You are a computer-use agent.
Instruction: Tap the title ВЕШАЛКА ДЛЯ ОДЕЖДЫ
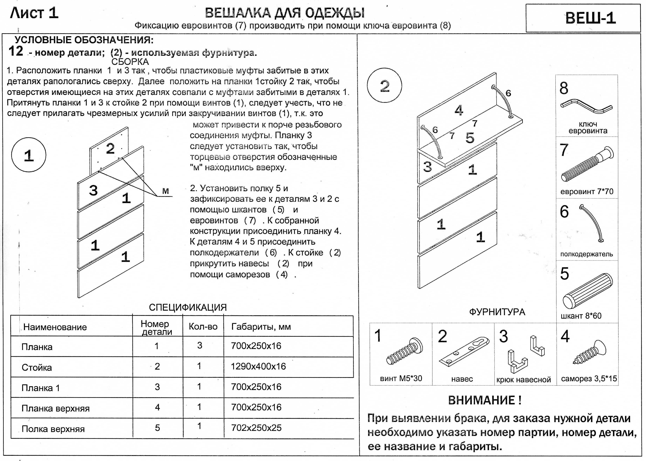point(285,13)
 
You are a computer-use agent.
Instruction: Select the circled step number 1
point(29,155)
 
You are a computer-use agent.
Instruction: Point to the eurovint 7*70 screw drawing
point(587,164)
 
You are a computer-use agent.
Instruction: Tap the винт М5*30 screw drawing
point(405,351)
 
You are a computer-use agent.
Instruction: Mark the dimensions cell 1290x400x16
point(258,366)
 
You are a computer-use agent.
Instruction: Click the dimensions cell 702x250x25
point(256,428)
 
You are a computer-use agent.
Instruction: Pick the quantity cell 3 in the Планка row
point(200,345)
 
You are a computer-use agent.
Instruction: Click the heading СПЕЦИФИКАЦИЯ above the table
point(188,307)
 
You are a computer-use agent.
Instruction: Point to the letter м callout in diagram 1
point(165,191)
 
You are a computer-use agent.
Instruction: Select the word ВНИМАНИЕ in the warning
point(484,400)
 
